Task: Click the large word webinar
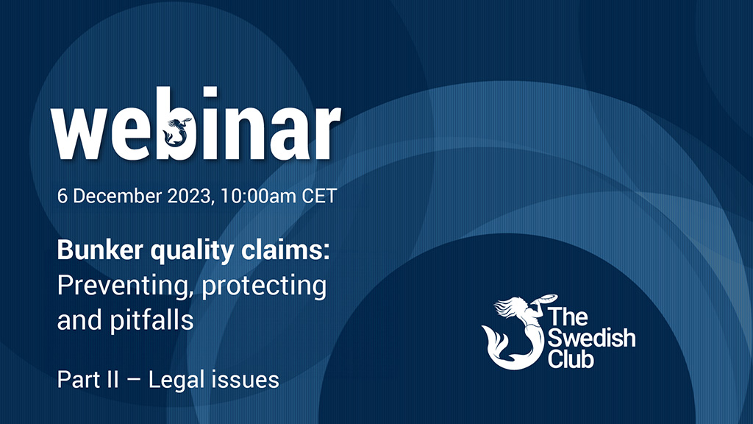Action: [x=196, y=123]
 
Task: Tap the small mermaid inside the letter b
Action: [x=176, y=131]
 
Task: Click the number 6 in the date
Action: [x=62, y=196]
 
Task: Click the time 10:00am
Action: [x=258, y=196]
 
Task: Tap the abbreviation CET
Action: [x=319, y=196]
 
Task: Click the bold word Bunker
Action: [x=100, y=250]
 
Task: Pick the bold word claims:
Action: [x=285, y=250]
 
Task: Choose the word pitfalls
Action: [x=151, y=320]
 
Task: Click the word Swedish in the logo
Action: [x=592, y=338]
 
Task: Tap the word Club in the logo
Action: [x=571, y=358]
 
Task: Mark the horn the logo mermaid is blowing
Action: [x=546, y=300]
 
